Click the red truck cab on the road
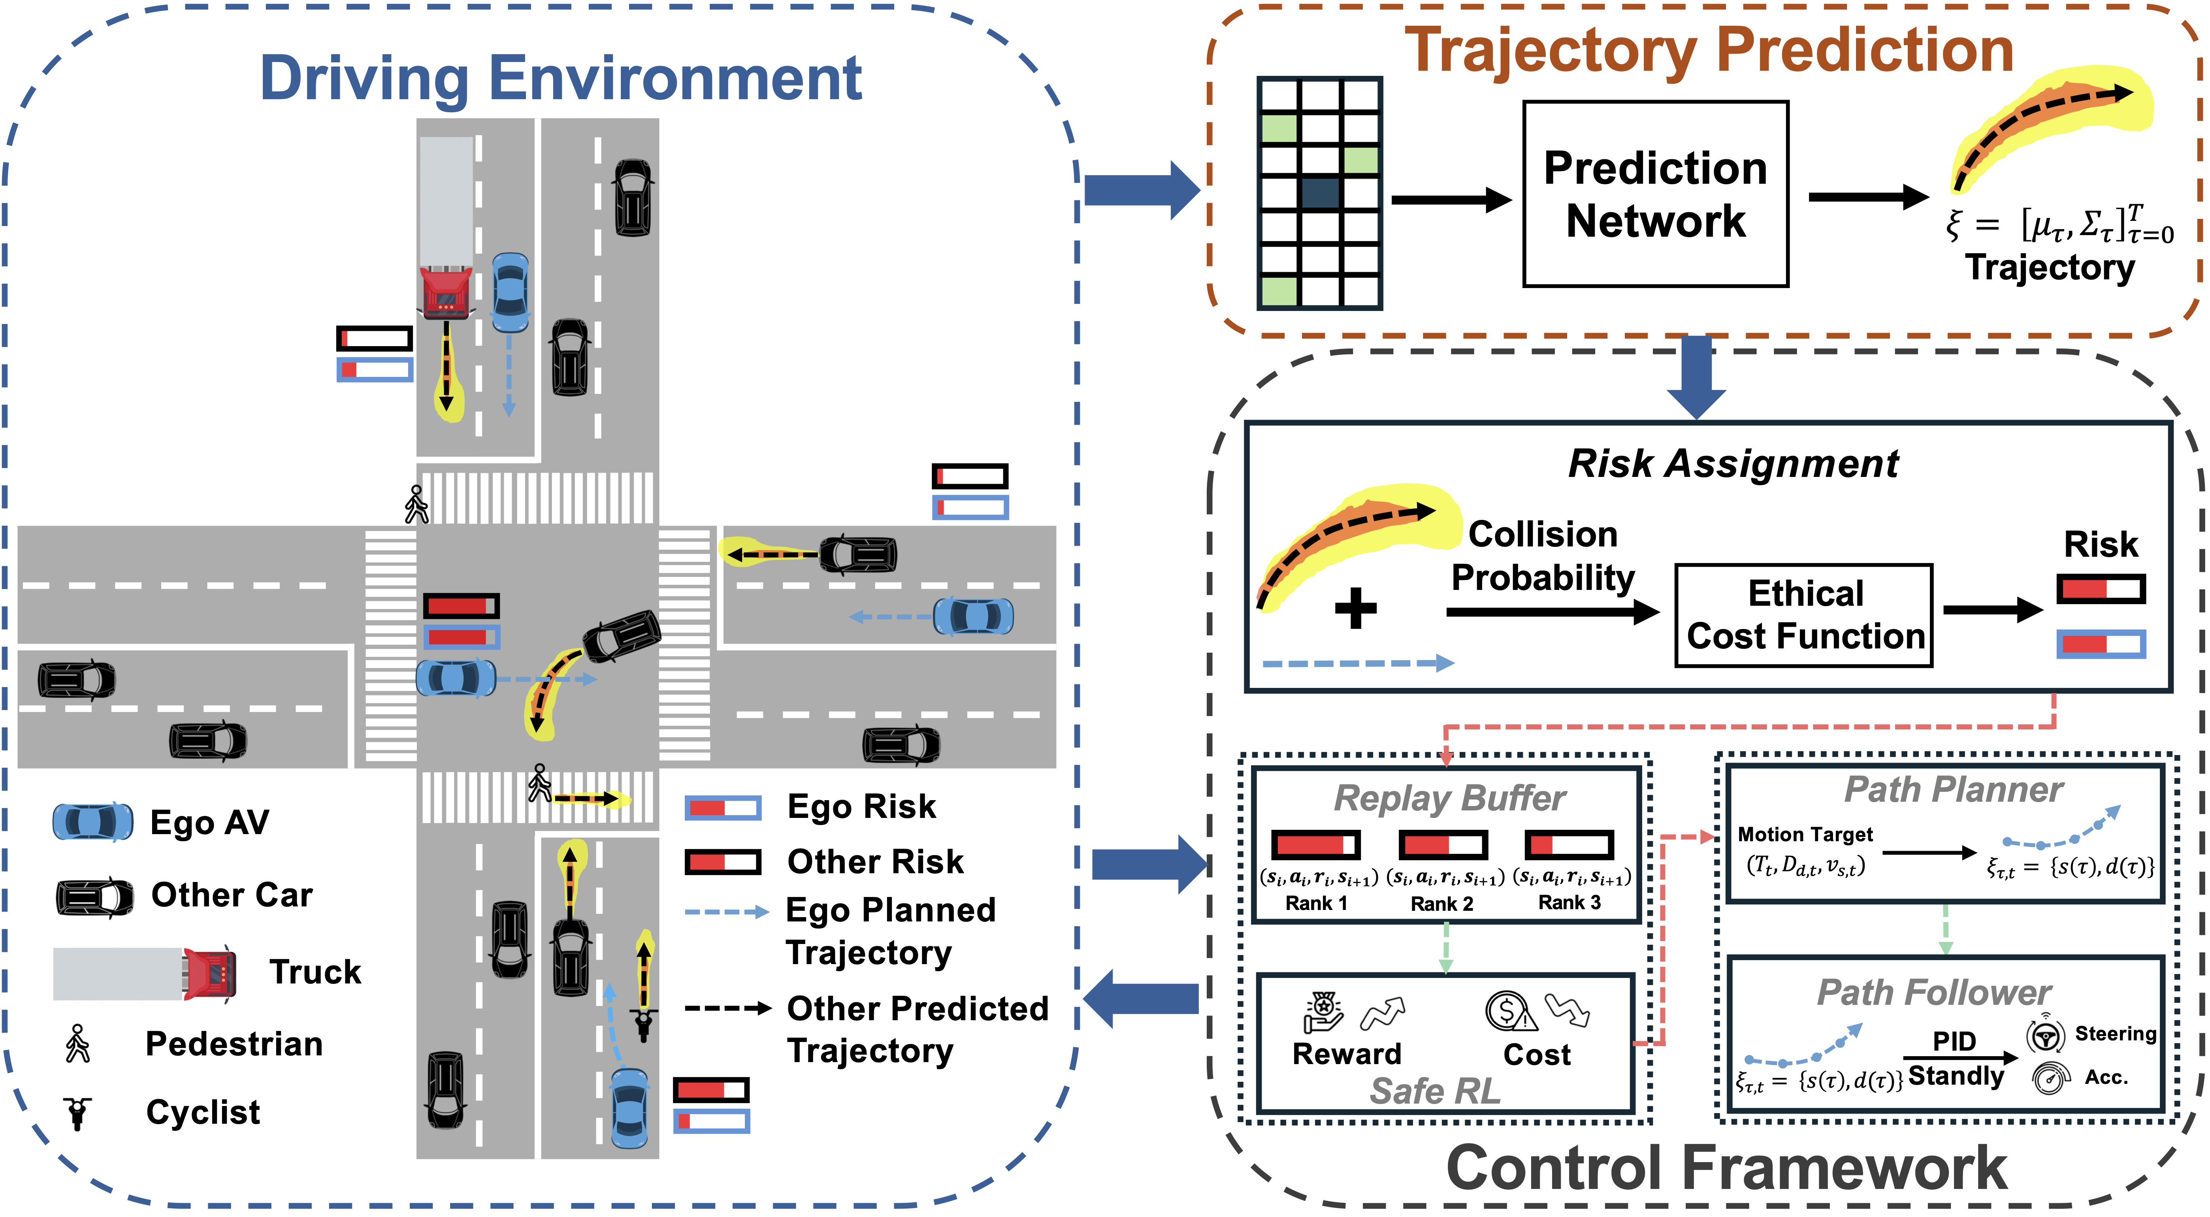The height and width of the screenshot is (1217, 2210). click(x=445, y=292)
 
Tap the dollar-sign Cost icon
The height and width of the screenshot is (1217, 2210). click(x=1508, y=1010)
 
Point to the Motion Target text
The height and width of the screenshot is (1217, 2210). click(x=1805, y=835)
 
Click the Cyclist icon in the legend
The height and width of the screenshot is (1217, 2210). click(x=77, y=1112)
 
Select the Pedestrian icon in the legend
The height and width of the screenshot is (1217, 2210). click(x=77, y=1044)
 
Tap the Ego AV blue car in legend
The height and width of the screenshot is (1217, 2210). click(x=92, y=821)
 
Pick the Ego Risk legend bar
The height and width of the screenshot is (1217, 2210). click(x=722, y=807)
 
